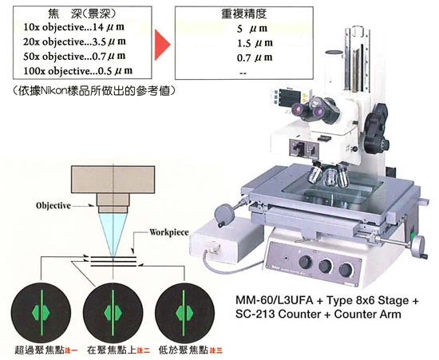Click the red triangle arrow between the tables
(x=162, y=45)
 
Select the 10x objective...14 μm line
(x=73, y=27)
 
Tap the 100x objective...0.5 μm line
(x=77, y=71)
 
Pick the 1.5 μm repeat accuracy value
(x=255, y=43)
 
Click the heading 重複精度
(x=243, y=14)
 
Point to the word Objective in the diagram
(x=53, y=206)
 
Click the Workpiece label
(x=169, y=232)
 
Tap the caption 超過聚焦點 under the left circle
(x=39, y=350)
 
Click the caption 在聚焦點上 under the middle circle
(x=112, y=350)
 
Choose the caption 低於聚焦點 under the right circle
(x=184, y=350)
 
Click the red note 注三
(x=216, y=350)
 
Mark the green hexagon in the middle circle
(x=113, y=313)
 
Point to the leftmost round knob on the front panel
(x=305, y=262)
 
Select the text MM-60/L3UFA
(x=275, y=300)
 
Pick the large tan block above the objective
(x=113, y=180)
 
